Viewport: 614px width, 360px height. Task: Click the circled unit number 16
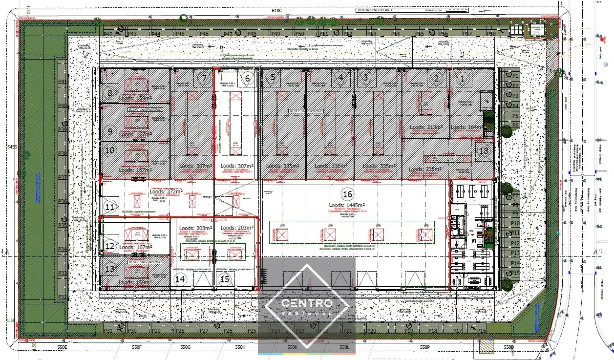point(347,193)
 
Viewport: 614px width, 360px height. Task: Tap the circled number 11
point(110,208)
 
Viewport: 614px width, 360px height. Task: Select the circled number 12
point(110,246)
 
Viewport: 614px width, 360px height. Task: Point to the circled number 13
point(110,268)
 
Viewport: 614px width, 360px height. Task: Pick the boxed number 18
point(484,151)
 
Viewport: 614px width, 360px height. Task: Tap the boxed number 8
point(110,93)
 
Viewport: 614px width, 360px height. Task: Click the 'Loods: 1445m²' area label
point(347,205)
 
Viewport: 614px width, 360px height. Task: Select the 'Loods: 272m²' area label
point(165,192)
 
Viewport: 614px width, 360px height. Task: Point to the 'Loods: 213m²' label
point(426,127)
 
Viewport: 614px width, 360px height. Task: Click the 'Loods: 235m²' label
point(424,169)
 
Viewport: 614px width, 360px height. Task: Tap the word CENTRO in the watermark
point(307,303)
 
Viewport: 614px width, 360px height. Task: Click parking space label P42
point(108,34)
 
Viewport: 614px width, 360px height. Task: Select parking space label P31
point(108,331)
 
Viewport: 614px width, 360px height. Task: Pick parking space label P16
point(482,331)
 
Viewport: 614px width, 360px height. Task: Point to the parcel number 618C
point(277,10)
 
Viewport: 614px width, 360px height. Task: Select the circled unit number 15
point(225,279)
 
